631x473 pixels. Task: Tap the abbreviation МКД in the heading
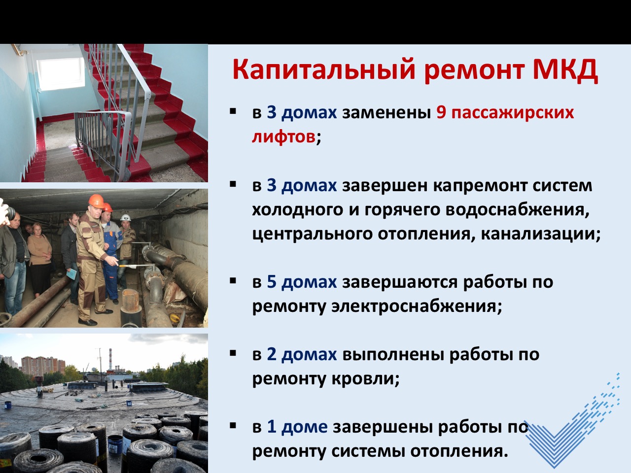point(565,70)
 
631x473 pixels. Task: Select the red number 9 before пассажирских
point(441,112)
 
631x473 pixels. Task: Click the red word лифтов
point(284,136)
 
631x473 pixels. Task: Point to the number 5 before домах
point(271,282)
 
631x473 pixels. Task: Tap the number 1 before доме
point(272,427)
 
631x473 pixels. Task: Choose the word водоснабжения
point(514,210)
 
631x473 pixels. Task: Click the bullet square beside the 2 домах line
point(233,353)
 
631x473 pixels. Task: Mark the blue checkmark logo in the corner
point(572,423)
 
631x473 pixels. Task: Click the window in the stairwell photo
point(61,73)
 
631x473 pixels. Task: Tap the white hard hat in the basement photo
point(125,217)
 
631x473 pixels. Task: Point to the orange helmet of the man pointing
point(96,201)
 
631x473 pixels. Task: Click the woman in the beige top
point(39,259)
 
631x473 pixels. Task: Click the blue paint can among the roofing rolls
point(115,445)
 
